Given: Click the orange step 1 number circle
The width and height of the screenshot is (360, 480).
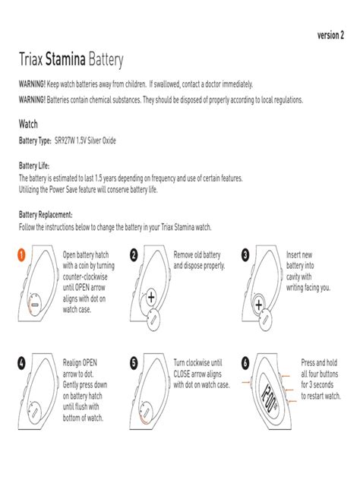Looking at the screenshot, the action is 21,255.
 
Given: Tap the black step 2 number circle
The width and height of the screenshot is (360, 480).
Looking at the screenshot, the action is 134,255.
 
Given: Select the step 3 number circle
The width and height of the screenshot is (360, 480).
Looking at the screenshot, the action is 245,255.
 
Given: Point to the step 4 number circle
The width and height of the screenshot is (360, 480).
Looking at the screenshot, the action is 21,363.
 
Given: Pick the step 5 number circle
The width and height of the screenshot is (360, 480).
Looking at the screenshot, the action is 134,363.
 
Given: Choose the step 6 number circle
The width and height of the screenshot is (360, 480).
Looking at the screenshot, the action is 245,363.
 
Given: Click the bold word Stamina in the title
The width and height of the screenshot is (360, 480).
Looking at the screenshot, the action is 65,59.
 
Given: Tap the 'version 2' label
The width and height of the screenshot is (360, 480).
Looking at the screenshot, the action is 330,36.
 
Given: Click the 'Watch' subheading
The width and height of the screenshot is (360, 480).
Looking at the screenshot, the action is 28,124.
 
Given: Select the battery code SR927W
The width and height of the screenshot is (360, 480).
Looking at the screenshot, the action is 65,141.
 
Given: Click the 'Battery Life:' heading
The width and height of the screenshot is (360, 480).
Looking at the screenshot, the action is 34,166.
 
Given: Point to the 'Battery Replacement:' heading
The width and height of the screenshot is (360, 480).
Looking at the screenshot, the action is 46,215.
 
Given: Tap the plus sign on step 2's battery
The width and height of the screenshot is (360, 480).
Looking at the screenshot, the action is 151,297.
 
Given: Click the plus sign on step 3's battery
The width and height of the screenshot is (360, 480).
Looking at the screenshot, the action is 259,305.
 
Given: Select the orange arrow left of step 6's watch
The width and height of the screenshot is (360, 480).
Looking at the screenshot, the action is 246,382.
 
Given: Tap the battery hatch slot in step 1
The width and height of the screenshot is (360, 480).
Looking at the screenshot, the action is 35,305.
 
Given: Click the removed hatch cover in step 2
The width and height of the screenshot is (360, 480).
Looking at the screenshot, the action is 153,320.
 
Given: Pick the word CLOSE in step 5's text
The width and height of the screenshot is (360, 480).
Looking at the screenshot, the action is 182,374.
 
